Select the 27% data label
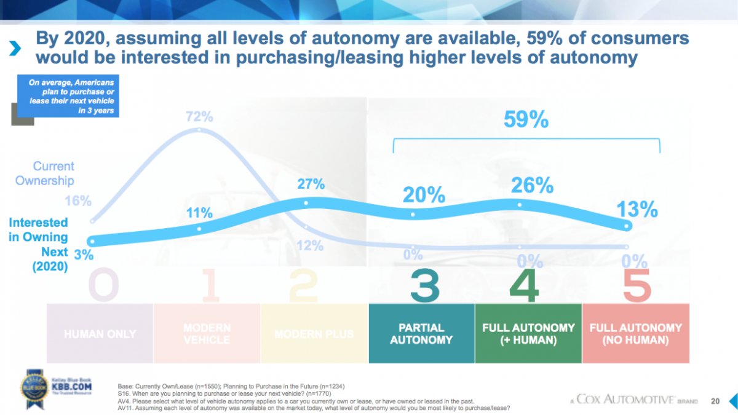pos(311,184)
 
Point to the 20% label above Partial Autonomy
pos(424,195)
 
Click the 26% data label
pos(531,185)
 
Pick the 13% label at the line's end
pos(637,210)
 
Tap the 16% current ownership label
pos(78,201)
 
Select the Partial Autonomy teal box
pos(421,334)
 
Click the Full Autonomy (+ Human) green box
pos(528,334)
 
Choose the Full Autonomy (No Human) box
pos(635,334)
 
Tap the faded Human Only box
pos(100,334)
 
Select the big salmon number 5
pos(636,287)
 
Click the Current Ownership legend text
pos(45,173)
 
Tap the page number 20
pos(715,401)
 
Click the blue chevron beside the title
pos(17,49)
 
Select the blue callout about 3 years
pos(68,97)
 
